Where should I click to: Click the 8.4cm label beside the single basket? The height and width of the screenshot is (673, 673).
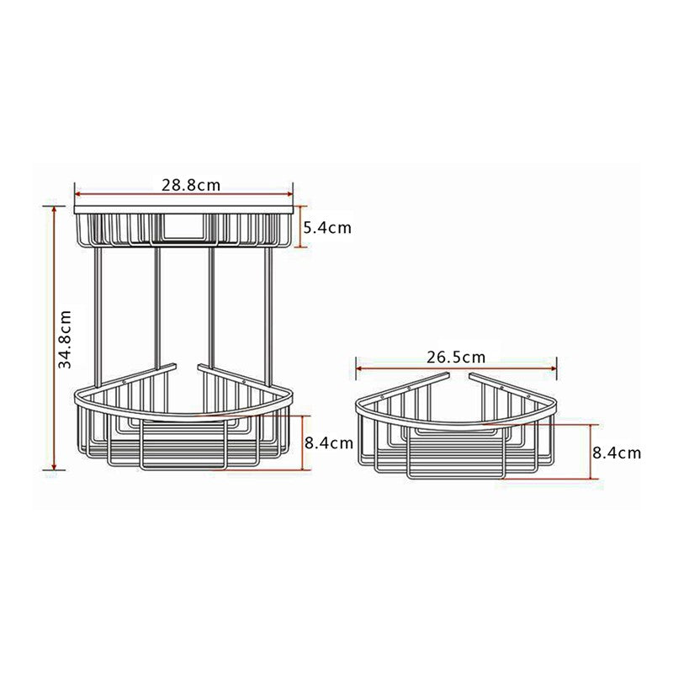(x=617, y=453)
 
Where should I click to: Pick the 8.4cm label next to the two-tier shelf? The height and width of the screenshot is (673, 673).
(x=328, y=442)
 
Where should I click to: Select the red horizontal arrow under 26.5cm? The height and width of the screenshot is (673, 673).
(x=456, y=367)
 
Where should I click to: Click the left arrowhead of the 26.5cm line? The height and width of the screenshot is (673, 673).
(x=360, y=367)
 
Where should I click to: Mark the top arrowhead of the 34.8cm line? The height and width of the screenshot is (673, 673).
(x=55, y=209)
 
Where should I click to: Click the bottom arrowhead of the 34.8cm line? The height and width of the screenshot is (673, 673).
(x=55, y=468)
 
